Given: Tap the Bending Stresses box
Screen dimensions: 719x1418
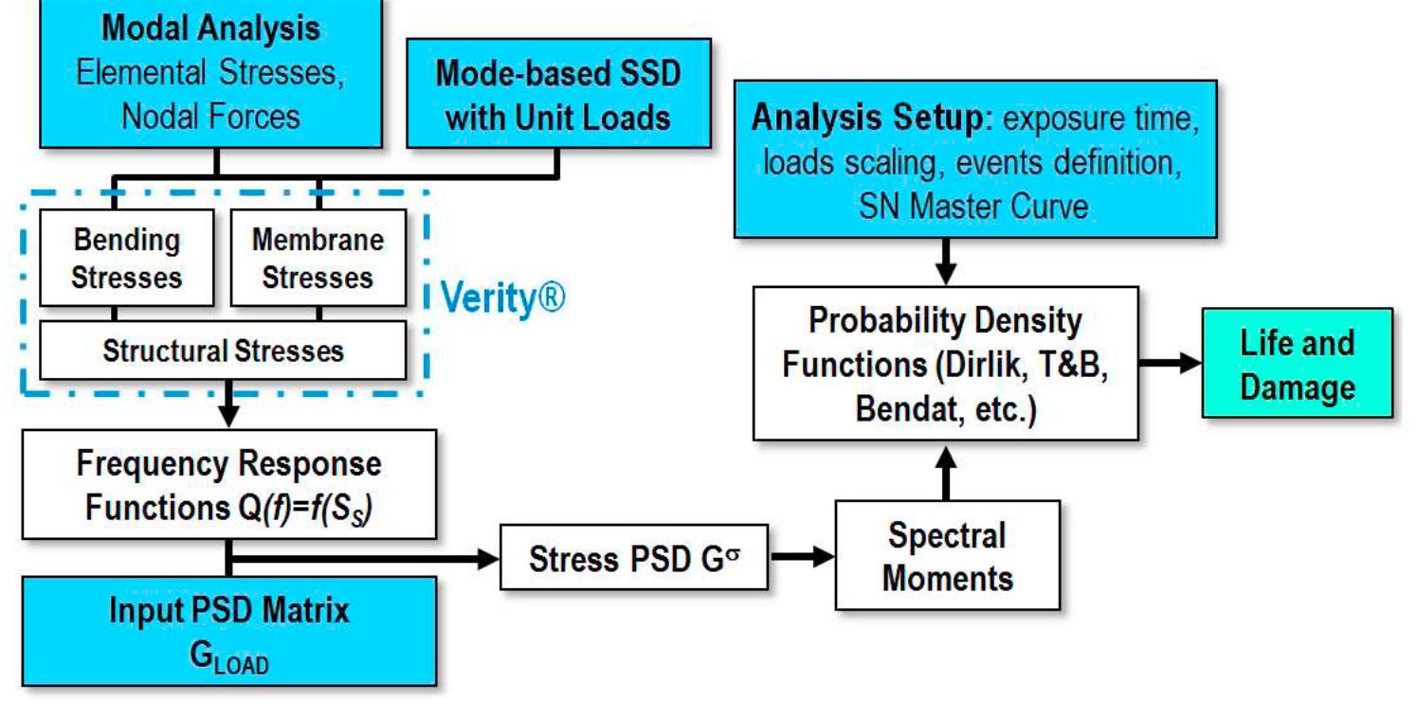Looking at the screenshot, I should [x=126, y=258].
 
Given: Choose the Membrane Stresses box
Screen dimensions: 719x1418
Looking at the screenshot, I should [x=318, y=258].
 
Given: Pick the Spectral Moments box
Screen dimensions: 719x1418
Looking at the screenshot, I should [x=946, y=555].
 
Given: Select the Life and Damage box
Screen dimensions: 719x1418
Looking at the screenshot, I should [x=1297, y=364].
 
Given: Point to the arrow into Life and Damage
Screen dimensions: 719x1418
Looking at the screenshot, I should [x=1171, y=364].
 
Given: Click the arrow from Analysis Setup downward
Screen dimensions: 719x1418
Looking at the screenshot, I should [x=946, y=261].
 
